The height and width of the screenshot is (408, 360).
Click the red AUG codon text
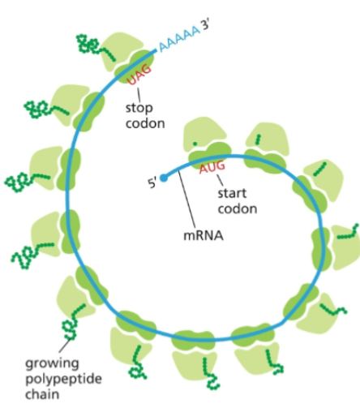pos(212,168)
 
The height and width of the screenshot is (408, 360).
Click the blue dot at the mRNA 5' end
pos(163,176)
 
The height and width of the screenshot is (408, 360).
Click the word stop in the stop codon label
pos(139,108)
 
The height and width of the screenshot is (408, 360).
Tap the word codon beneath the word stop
pos(144,124)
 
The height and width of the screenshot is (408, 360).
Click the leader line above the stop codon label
pos(136,92)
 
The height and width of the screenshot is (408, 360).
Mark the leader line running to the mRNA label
pos(189,203)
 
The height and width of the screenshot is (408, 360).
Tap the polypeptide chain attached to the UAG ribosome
pos(91,45)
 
